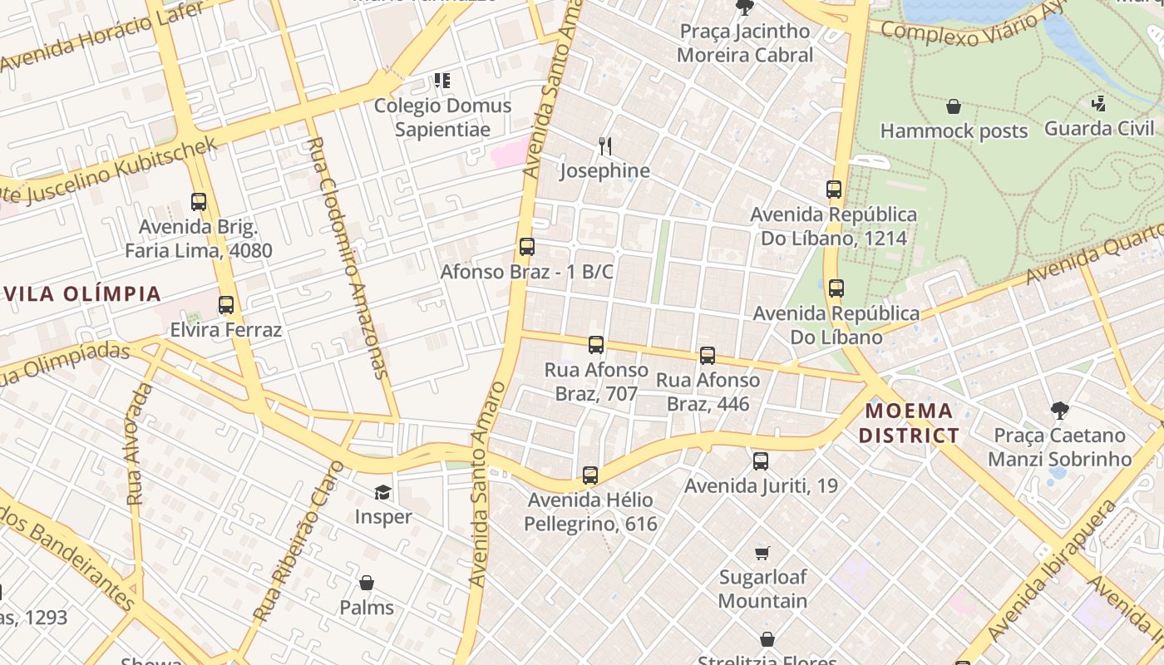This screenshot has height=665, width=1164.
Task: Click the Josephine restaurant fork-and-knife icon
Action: tap(605, 146)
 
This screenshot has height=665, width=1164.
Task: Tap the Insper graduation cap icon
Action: tap(382, 493)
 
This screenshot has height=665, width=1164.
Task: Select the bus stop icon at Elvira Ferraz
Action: tap(226, 305)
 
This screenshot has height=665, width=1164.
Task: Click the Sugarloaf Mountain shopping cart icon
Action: tap(762, 553)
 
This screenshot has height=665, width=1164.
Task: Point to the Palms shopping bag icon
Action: tap(367, 583)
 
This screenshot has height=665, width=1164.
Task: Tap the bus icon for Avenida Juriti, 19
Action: tap(761, 461)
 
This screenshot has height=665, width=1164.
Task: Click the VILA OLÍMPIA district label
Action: tap(81, 293)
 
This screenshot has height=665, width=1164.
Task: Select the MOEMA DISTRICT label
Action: tap(909, 423)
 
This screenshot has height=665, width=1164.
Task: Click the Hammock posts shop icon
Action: tap(954, 106)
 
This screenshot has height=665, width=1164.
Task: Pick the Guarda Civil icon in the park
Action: tap(1098, 104)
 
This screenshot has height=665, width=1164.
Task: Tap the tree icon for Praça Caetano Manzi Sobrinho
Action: tap(1059, 410)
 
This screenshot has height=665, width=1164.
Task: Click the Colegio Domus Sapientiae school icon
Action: tap(442, 81)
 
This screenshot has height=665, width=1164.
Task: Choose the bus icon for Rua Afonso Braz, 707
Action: tap(596, 345)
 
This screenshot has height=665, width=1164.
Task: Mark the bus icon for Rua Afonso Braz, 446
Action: tap(708, 356)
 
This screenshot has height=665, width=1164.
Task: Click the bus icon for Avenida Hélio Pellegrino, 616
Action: tap(590, 475)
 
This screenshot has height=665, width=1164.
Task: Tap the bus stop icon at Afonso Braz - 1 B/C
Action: tap(527, 247)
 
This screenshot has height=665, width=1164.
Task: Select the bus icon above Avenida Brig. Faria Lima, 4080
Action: tap(199, 202)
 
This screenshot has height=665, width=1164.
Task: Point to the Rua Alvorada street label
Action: tap(139, 445)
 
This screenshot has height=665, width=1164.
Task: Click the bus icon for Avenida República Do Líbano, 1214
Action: tap(834, 190)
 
